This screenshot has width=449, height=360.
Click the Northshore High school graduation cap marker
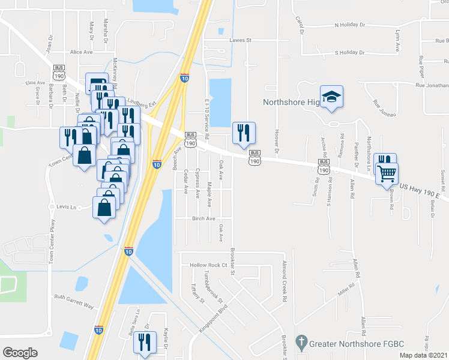[x=330, y=97]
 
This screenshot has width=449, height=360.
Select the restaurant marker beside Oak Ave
[x=244, y=133]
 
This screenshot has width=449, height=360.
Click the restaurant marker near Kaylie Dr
[x=145, y=342]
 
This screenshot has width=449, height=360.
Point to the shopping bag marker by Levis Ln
[x=105, y=208]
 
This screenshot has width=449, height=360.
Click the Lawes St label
[x=240, y=40]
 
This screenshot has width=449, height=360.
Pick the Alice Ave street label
[x=82, y=52]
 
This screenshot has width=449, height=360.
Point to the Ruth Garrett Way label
[x=74, y=301]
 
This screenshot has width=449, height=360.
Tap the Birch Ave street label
[x=203, y=219]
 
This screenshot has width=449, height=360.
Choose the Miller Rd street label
[x=344, y=290]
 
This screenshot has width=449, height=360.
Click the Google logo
[x=20, y=352]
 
